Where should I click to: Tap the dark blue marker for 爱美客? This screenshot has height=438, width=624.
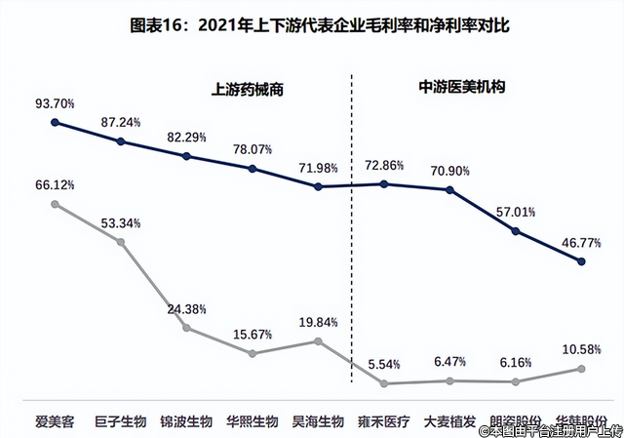tap(56, 122)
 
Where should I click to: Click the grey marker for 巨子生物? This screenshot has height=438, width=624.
tap(122, 241)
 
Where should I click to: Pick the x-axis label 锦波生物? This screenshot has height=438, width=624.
tap(186, 422)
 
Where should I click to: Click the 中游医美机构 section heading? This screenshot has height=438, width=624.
tap(450, 86)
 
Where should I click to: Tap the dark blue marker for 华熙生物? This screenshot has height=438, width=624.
tap(253, 169)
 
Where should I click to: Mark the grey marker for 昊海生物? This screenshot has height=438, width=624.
tap(319, 340)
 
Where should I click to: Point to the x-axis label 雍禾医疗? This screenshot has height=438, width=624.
tap(384, 422)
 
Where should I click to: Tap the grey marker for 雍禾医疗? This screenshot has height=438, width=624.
tap(384, 383)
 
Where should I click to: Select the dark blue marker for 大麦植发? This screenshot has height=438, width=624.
tap(449, 189)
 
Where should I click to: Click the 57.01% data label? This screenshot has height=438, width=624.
tap(515, 212)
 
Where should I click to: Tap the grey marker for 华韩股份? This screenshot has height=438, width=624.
tap(581, 368)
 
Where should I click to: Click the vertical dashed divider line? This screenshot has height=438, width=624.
tap(351, 244)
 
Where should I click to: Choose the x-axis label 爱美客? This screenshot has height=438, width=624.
tap(56, 422)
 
